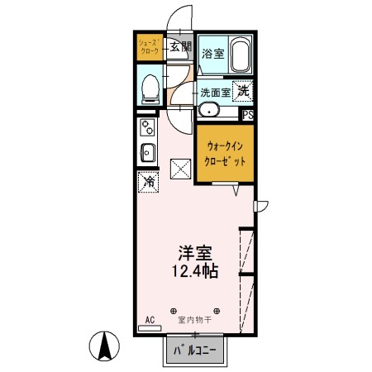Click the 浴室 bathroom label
(x=212, y=53)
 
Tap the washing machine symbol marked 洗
(x=243, y=91)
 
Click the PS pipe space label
(x=247, y=115)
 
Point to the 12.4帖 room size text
(x=195, y=271)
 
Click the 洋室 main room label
(x=195, y=253)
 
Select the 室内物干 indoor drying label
(x=195, y=319)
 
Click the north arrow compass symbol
(x=106, y=345)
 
